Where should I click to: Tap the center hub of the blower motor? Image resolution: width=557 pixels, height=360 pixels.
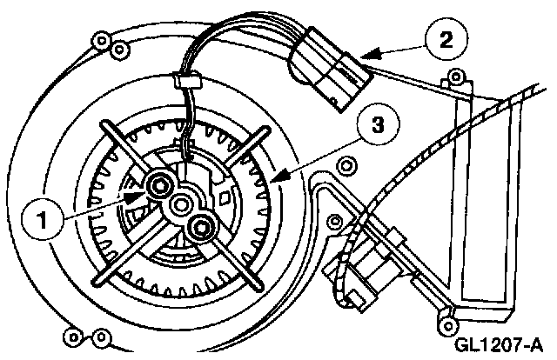[181, 205]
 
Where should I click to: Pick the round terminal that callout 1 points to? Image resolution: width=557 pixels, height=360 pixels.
[159, 184]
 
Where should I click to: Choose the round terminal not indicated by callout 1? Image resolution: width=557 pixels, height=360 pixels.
[201, 228]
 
